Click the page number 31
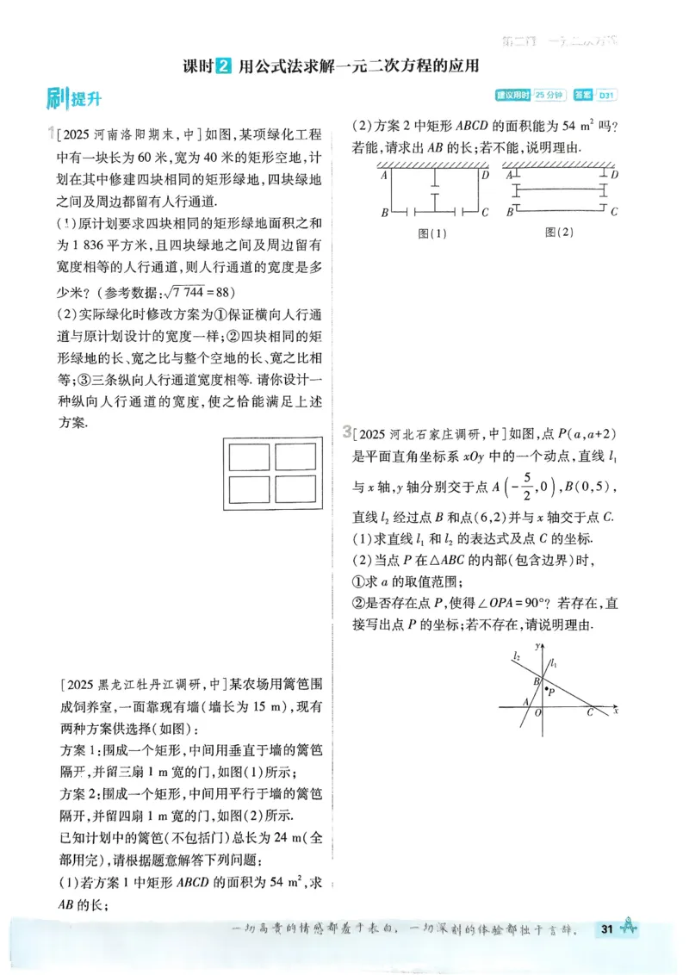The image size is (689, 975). coord(607,928)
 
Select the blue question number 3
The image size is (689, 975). coord(345,431)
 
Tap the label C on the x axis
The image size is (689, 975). coord(590,712)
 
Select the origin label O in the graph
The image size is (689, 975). coord(538,713)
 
